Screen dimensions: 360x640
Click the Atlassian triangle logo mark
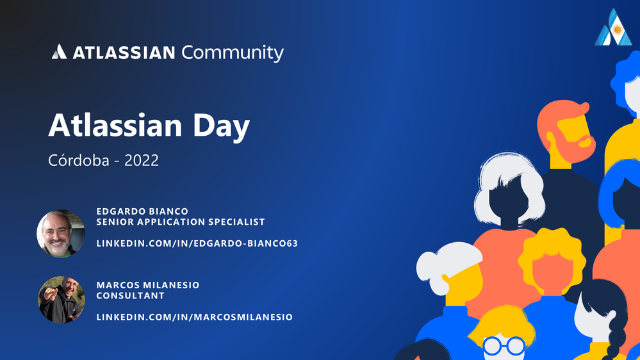click(59, 52)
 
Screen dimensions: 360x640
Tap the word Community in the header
click(232, 52)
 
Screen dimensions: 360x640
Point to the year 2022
click(142, 160)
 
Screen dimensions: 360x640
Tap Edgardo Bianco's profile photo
click(61, 234)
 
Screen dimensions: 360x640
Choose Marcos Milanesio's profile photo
click(61, 299)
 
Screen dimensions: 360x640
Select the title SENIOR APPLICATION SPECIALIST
click(181, 222)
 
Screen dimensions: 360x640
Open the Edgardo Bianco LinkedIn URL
click(197, 243)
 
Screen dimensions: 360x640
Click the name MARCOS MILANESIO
click(147, 284)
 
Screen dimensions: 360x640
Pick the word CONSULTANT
click(130, 295)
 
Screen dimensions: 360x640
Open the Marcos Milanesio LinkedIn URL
click(194, 316)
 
